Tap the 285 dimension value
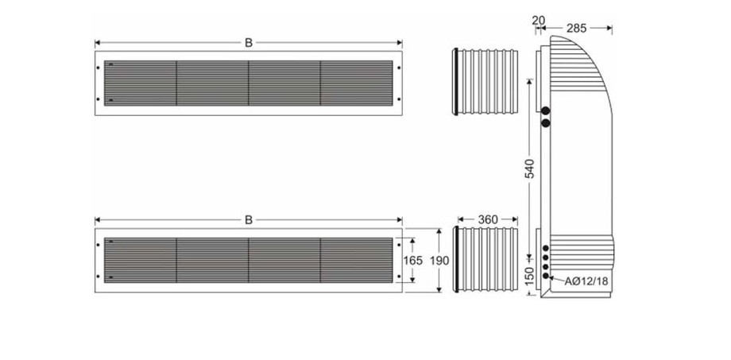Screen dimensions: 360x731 point(577,28)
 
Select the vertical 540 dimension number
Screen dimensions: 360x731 point(530,168)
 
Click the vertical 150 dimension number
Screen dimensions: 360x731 point(530,274)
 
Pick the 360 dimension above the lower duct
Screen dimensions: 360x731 point(488,219)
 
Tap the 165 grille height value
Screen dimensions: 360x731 point(413,261)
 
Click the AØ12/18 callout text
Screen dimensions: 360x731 point(586,281)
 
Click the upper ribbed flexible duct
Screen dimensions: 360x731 point(486,81)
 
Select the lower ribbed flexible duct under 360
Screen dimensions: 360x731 point(486,261)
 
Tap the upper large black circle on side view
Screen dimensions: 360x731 point(546,110)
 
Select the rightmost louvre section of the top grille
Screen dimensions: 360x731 point(356,82)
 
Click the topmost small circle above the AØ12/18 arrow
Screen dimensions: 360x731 point(546,248)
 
